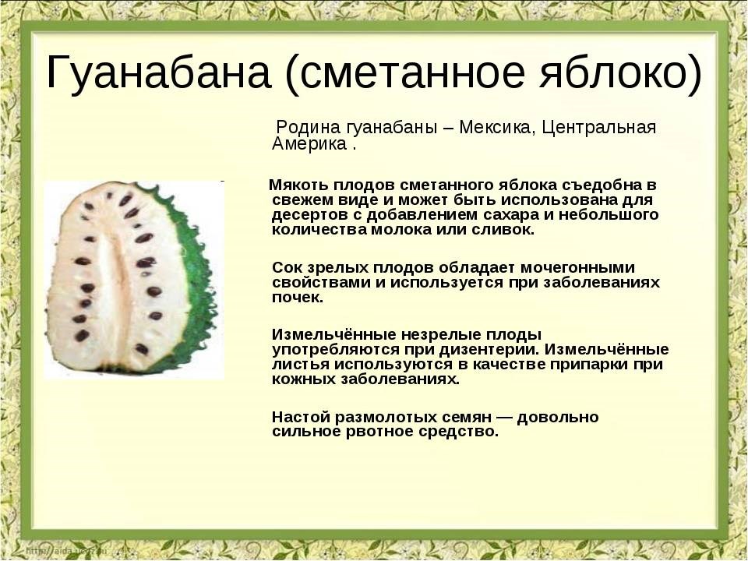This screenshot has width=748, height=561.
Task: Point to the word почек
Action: (296, 298)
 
